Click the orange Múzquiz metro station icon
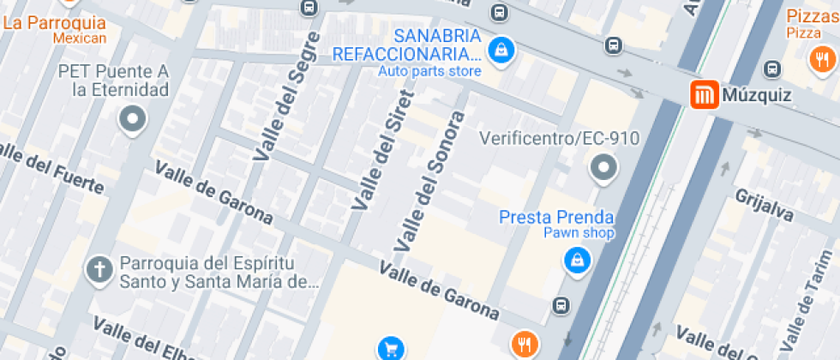click(x=704, y=95)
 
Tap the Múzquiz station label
click(x=757, y=95)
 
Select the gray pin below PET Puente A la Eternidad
click(x=133, y=120)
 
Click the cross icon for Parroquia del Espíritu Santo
click(x=99, y=271)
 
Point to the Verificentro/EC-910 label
click(x=559, y=138)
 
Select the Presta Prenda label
click(x=556, y=217)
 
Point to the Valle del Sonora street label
click(x=429, y=180)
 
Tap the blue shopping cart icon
click(x=391, y=348)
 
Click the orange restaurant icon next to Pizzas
click(x=821, y=58)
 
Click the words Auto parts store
click(x=429, y=72)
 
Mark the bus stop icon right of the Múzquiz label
click(x=772, y=69)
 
